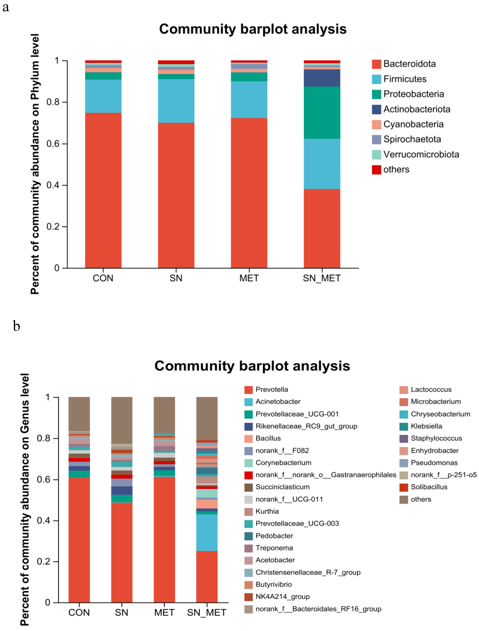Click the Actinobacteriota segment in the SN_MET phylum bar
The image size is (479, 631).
(322, 78)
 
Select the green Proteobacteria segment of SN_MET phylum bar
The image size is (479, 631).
(322, 113)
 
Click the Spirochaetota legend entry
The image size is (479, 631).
(412, 139)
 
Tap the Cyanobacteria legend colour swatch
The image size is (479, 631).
(376, 124)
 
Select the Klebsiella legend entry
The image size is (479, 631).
(426, 426)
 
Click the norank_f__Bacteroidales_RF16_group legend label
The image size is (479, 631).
(318, 609)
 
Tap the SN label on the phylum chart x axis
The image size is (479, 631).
(176, 278)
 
